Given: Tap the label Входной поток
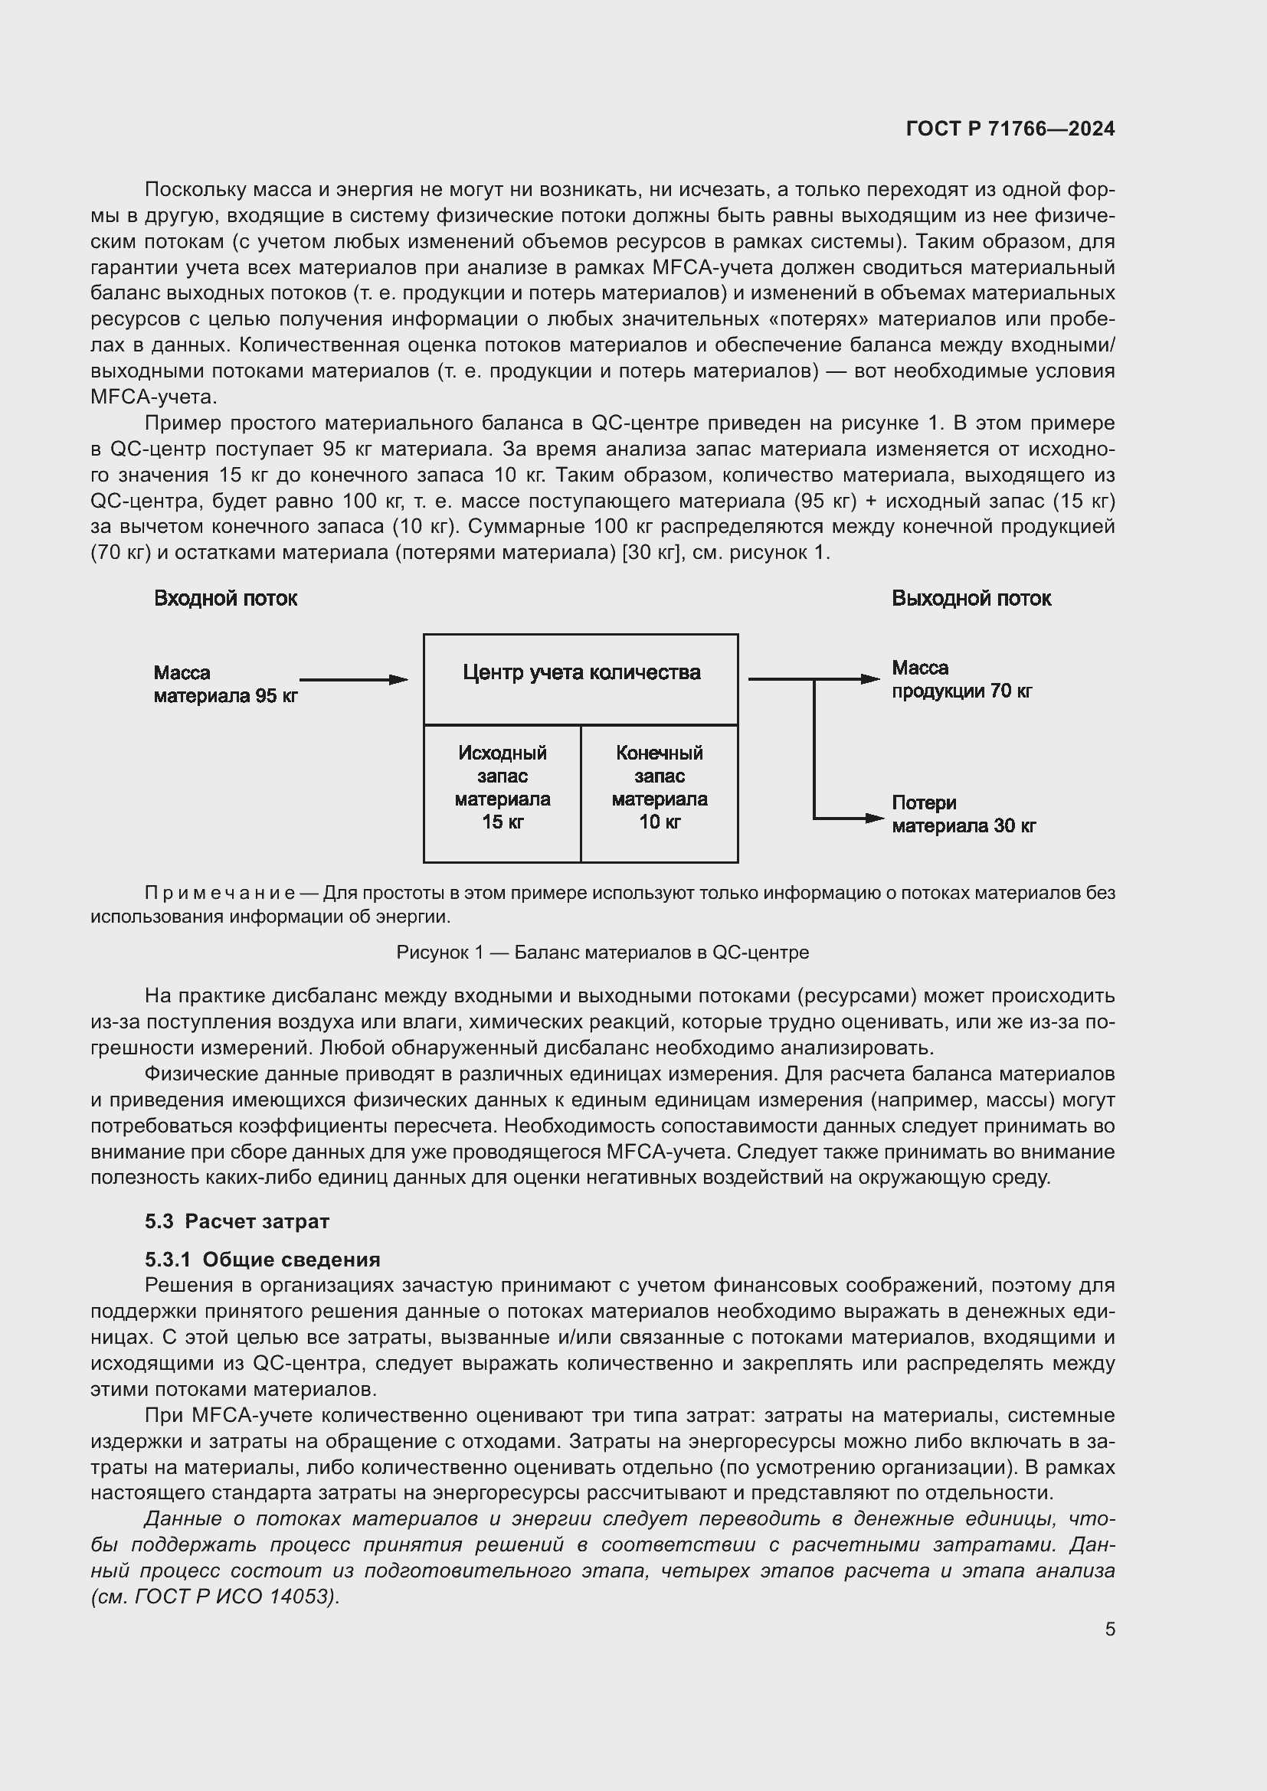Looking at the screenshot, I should tap(225, 598).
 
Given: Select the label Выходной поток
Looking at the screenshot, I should tap(971, 598).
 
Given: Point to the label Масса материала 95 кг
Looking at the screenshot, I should tap(224, 684).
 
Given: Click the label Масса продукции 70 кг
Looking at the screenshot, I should tap(961, 679).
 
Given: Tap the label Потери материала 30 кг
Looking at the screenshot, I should tap(963, 815).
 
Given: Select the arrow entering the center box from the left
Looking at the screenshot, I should tap(353, 679).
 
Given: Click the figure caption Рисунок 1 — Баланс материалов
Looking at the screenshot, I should tap(602, 953).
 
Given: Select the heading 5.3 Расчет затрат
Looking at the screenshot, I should tap(237, 1221).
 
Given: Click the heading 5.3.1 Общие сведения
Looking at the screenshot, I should tap(262, 1260).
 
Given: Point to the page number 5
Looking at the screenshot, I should tap(1109, 1629).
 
